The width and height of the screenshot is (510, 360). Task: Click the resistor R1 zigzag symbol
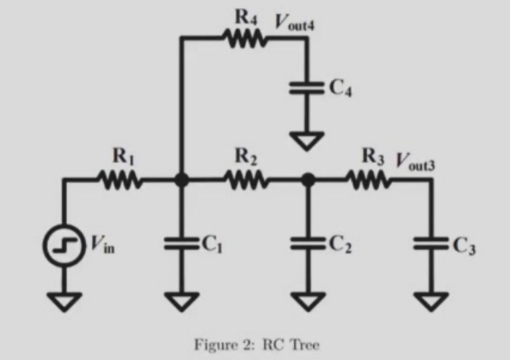(x=120, y=179)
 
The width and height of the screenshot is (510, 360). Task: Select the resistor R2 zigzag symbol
(x=246, y=179)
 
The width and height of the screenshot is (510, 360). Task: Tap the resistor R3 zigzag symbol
(x=369, y=179)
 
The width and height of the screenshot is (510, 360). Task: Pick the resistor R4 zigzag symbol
(x=246, y=39)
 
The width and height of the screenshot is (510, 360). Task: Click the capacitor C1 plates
(x=181, y=243)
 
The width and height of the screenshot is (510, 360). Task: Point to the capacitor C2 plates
(x=308, y=243)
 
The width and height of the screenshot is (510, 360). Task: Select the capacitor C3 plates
(x=431, y=243)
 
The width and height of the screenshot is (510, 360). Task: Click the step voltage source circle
(x=64, y=245)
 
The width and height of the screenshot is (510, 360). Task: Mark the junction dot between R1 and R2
(x=181, y=179)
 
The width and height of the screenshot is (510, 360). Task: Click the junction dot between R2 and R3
(x=308, y=179)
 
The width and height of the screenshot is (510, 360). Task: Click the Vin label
(x=102, y=245)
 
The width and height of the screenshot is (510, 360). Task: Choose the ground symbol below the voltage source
(x=64, y=302)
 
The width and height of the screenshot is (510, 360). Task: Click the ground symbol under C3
(x=431, y=302)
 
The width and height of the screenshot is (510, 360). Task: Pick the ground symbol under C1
(x=181, y=302)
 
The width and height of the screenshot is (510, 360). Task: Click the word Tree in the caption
(x=305, y=345)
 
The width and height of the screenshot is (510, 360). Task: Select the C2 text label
(x=340, y=245)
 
